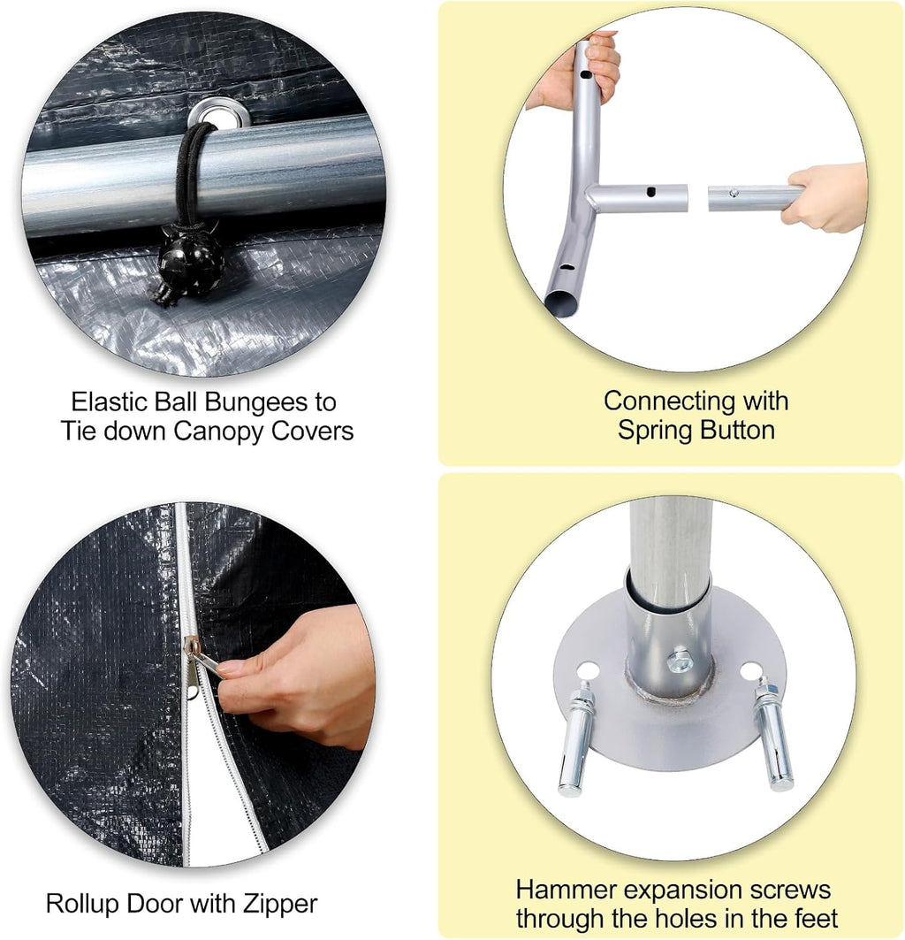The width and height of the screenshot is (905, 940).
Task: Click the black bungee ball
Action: point(191,260)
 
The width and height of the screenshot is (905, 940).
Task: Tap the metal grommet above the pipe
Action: point(219,113)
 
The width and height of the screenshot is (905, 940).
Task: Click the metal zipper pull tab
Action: point(204,661)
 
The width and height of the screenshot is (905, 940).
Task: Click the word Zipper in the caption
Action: point(280,905)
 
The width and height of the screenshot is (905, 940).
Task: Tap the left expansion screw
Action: point(574,739)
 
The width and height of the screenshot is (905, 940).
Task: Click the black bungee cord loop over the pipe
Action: point(189,175)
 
